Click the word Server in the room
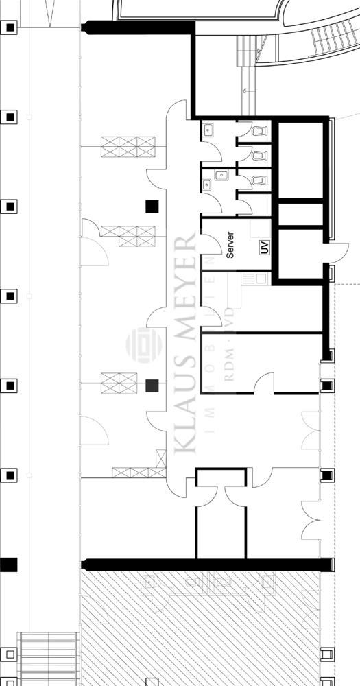point(230,245)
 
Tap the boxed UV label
point(264,247)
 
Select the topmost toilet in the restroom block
point(258,130)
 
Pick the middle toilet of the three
point(258,156)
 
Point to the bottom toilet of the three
point(258,181)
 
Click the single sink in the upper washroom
point(208,129)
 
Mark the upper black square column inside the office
point(152,206)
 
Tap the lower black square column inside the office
point(152,386)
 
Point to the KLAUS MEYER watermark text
point(186,343)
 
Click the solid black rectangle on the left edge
point(8,565)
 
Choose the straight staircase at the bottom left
point(49,659)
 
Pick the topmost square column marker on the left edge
point(10,28)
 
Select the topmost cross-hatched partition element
point(128,147)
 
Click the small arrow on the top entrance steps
point(244,89)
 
